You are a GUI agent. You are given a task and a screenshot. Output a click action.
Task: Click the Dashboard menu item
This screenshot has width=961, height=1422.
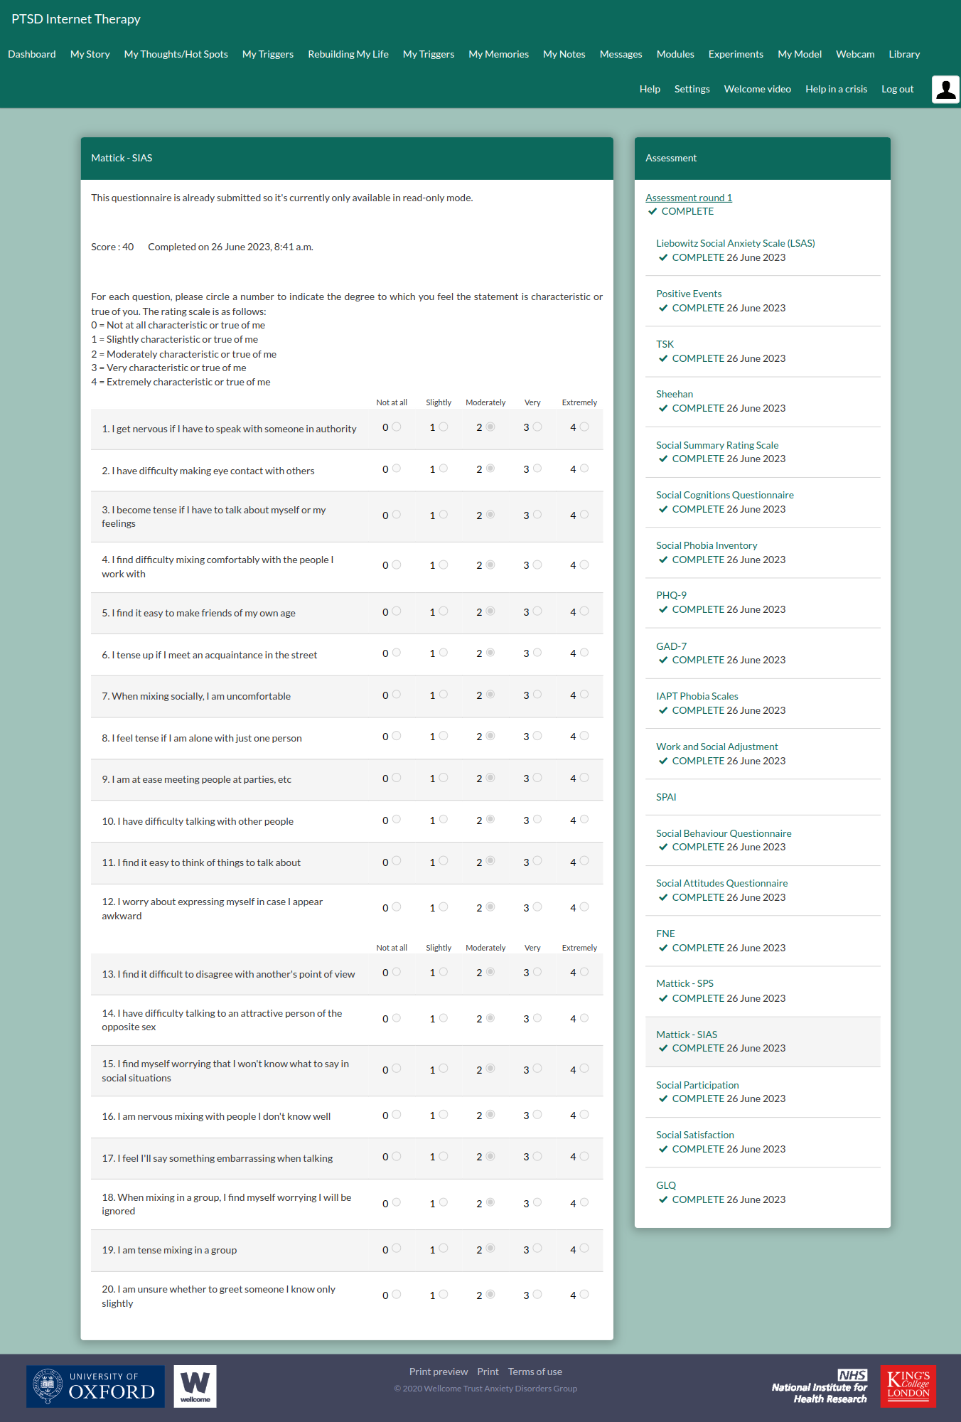tap(32, 54)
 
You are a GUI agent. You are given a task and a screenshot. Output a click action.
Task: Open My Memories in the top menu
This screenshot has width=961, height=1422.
tap(498, 54)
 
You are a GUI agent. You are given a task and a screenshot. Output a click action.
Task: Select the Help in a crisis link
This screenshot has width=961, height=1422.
tap(836, 89)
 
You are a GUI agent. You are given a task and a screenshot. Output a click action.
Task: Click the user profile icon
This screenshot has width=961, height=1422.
tap(945, 90)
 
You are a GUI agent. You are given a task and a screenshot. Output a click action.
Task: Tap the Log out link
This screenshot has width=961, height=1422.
tap(897, 89)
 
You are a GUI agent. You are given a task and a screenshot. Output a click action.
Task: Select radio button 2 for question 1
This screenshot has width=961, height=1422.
tap(490, 427)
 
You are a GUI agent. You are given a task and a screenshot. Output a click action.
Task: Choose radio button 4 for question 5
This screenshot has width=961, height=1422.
tap(584, 611)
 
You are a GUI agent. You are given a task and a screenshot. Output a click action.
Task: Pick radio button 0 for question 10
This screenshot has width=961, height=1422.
tap(397, 819)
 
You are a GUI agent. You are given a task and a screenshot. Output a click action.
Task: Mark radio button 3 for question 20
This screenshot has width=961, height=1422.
tap(537, 1294)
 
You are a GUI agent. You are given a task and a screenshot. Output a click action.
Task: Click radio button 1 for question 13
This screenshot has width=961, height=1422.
tap(444, 971)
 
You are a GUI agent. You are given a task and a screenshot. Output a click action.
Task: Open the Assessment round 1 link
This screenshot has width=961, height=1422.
tap(688, 198)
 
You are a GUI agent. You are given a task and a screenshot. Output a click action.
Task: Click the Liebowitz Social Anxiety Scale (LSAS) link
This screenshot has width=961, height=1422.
tap(735, 243)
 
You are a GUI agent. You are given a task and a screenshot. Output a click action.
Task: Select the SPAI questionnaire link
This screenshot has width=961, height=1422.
tap(666, 797)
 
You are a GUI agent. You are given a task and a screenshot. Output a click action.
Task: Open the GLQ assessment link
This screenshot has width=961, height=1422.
tap(666, 1185)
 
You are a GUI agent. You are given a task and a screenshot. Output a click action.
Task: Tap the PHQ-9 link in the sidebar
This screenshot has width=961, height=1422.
tap(671, 595)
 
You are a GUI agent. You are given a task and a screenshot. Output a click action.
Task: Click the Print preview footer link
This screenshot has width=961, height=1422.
tap(438, 1372)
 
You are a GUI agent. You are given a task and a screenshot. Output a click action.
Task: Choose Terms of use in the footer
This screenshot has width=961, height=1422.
tap(535, 1372)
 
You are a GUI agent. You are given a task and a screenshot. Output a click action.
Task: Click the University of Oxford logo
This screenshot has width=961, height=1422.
tap(95, 1386)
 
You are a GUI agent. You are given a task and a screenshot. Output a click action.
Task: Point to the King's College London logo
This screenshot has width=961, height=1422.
tap(908, 1386)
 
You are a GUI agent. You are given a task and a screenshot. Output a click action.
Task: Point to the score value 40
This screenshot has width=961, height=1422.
tap(128, 247)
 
